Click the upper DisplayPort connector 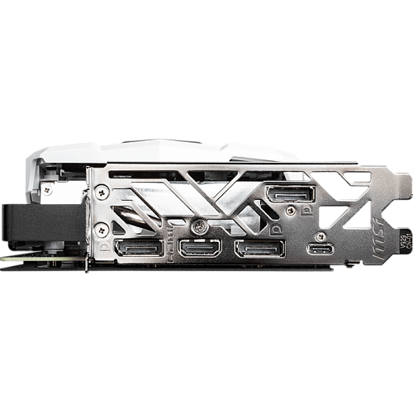(291, 197)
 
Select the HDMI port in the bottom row (200, 249)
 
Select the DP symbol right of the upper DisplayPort (307, 211)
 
